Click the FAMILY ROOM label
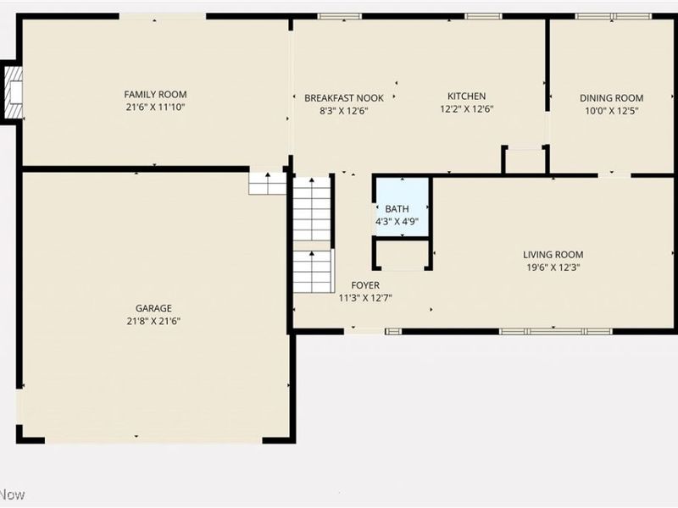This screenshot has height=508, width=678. pyautogui.click(x=155, y=94)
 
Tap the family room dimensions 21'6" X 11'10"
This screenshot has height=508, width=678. pyautogui.click(x=155, y=107)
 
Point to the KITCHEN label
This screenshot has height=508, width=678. pyautogui.click(x=466, y=96)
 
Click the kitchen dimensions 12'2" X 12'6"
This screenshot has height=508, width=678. pyautogui.click(x=466, y=108)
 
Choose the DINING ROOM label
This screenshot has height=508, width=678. pyautogui.click(x=611, y=97)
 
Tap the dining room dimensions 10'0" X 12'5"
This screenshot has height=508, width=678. pyautogui.click(x=611, y=110)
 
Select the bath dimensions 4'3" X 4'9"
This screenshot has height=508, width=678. pyautogui.click(x=397, y=221)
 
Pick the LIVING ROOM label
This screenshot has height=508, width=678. pyautogui.click(x=553, y=254)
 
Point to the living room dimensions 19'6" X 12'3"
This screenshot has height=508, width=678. pyautogui.click(x=553, y=267)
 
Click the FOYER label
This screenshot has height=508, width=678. pyautogui.click(x=365, y=284)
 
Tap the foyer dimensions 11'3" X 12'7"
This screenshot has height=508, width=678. pyautogui.click(x=365, y=297)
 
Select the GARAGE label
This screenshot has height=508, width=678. pyautogui.click(x=153, y=308)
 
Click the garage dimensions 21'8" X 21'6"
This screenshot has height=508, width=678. pyautogui.click(x=153, y=321)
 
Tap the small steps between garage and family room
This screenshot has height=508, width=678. pyautogui.click(x=268, y=183)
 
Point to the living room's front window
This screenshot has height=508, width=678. pyautogui.click(x=555, y=330)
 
